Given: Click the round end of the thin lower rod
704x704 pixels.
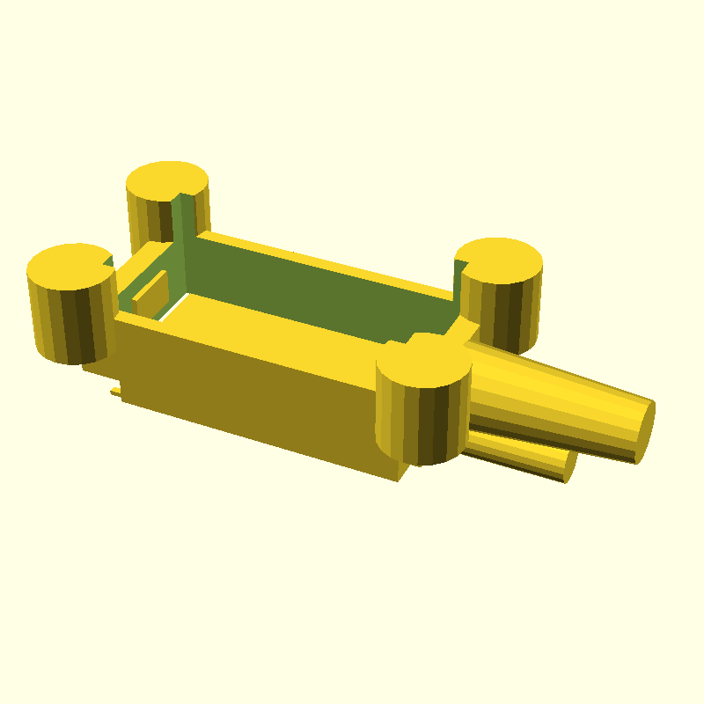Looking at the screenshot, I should pos(569,466).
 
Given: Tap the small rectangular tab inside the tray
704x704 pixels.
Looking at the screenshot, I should pos(152,294).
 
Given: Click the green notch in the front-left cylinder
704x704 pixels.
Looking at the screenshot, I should pos(108,261).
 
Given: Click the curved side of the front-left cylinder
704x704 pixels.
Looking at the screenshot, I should pos(70,321).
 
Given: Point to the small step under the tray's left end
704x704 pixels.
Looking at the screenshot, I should pos(115,390).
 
